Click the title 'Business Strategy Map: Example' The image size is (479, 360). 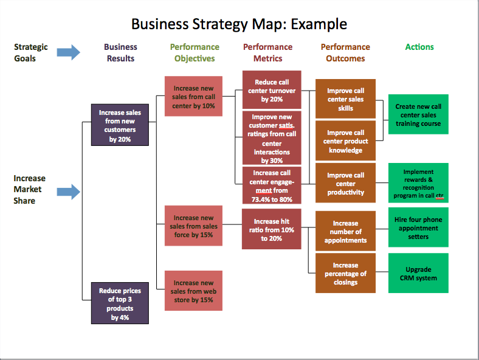click(x=239, y=24)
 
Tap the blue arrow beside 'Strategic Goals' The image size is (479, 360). click(x=69, y=52)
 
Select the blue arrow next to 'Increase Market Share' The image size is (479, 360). click(x=69, y=192)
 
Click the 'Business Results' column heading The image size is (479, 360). click(x=120, y=53)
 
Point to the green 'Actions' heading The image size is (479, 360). click(x=419, y=47)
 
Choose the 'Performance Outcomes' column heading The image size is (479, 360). click(x=345, y=53)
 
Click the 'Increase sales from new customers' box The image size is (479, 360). click(x=120, y=125)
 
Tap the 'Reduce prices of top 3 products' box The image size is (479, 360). click(x=120, y=303)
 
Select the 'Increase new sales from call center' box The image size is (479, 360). click(x=194, y=96)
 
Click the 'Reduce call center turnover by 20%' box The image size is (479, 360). click(x=271, y=90)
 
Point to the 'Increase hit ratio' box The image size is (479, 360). click(x=271, y=229)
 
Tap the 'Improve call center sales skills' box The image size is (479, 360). click(x=345, y=99)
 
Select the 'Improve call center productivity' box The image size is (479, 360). click(x=345, y=183)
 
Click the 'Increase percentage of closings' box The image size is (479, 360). click(x=345, y=273)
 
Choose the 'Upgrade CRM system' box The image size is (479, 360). click(x=418, y=273)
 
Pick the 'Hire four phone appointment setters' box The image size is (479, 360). click(x=418, y=227)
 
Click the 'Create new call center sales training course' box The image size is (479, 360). click(x=418, y=114)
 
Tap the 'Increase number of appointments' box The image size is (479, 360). click(x=345, y=231)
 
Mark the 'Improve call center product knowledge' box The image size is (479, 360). click(x=345, y=141)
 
